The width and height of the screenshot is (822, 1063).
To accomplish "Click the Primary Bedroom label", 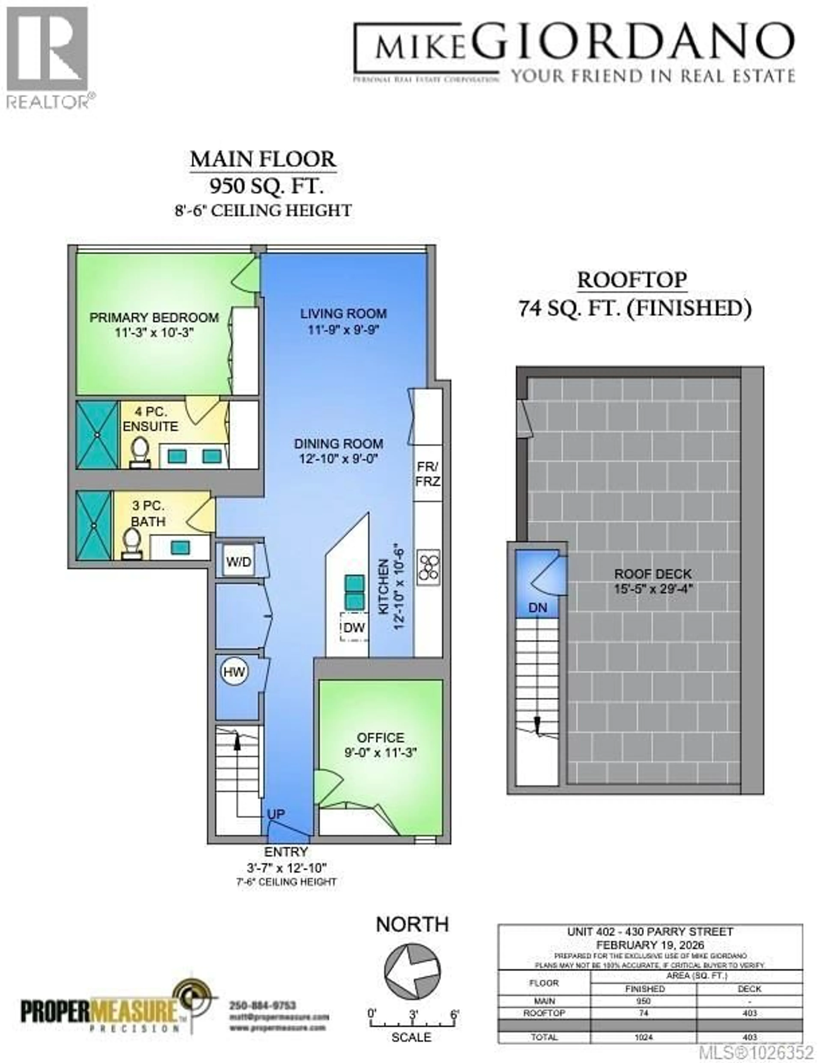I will click(x=154, y=318).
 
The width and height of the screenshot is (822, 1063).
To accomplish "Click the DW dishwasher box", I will click(x=354, y=628).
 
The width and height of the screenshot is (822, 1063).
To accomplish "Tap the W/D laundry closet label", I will click(x=239, y=562).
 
